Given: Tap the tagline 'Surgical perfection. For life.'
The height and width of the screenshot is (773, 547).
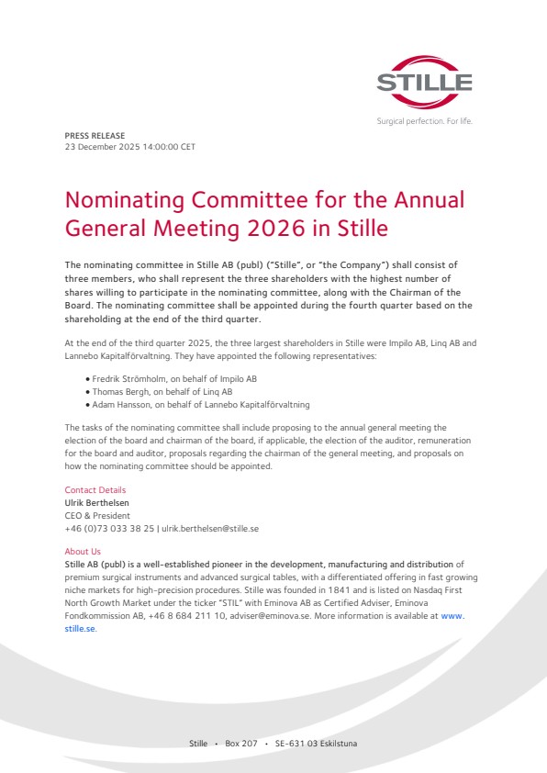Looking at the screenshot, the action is (x=424, y=121).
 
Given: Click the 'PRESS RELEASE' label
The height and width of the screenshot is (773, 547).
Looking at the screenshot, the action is (x=95, y=135).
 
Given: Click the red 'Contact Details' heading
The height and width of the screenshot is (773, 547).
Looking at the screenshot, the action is (x=95, y=490).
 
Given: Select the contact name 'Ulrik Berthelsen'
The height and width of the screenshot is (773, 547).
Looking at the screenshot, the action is (x=96, y=503).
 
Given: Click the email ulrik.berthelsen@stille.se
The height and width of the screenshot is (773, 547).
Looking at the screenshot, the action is (x=213, y=529).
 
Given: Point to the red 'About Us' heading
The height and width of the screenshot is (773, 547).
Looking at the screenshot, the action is (x=83, y=552).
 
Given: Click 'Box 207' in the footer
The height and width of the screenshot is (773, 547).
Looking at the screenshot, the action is (x=241, y=743).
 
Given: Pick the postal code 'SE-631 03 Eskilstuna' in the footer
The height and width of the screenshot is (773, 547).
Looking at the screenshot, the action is (x=316, y=743).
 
